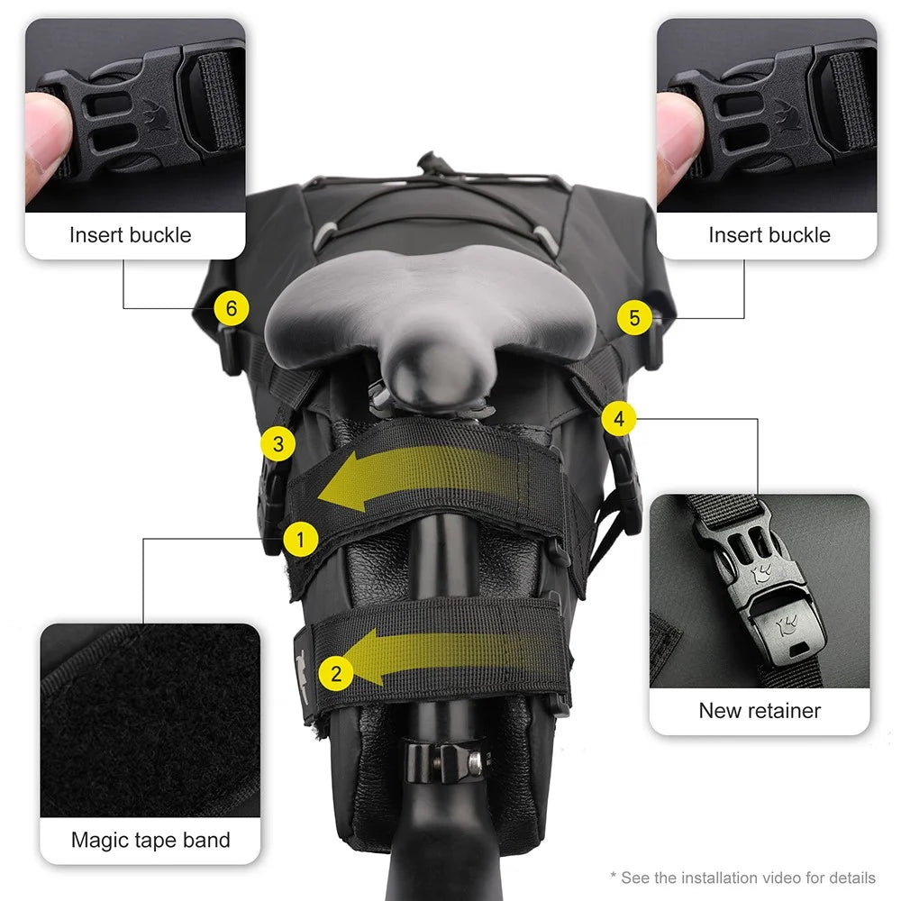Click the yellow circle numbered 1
coord(300,540)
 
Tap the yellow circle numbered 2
coord(336,673)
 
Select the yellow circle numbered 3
coord(278,443)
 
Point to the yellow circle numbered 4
coord(619,418)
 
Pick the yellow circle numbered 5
coord(634,317)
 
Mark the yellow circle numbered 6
coord(232,308)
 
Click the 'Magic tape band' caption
coord(150,840)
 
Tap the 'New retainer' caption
coord(760,711)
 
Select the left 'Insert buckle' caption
coord(131,235)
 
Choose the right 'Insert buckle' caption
coord(769,235)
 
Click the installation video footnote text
coord(743,878)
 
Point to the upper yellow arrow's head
coord(341,481)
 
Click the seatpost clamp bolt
coord(475,762)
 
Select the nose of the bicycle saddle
coord(438,374)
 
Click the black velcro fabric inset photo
coord(150,720)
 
